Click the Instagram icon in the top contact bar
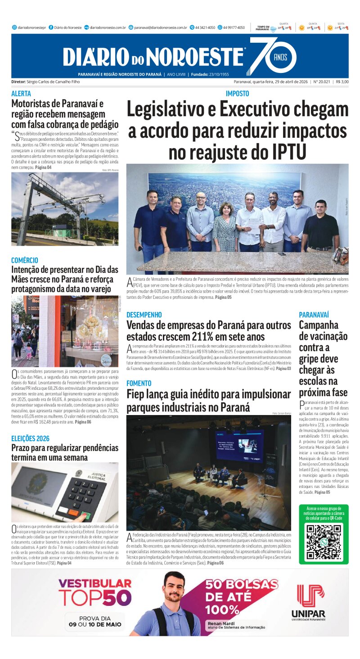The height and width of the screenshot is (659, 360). pos(14,27)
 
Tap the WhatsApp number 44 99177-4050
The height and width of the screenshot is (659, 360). pos(234,27)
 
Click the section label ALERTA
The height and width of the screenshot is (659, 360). pos(21,94)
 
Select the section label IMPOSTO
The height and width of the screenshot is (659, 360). pos(237,94)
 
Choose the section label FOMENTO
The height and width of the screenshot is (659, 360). pos(139,383)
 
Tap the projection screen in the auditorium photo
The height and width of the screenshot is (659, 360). pos(240,445)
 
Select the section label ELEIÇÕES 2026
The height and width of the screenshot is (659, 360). pos(31,438)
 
